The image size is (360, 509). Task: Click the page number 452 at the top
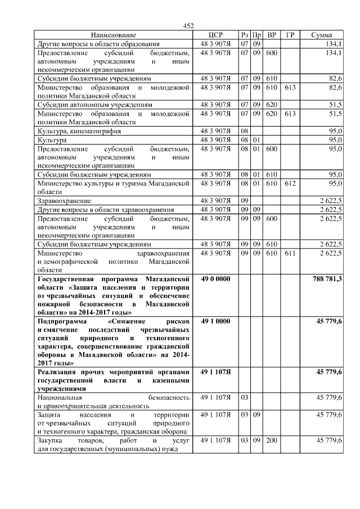coord(188,25)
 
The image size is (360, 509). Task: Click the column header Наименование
coord(113,35)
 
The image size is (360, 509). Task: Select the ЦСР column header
coord(216,35)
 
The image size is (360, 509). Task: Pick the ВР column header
coord(272,35)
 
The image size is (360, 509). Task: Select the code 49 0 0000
coord(216,279)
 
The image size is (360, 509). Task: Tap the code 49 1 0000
coord(216,321)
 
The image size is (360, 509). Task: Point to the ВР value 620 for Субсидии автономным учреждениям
coord(272,105)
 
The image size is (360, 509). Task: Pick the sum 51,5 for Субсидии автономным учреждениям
coord(335,105)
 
